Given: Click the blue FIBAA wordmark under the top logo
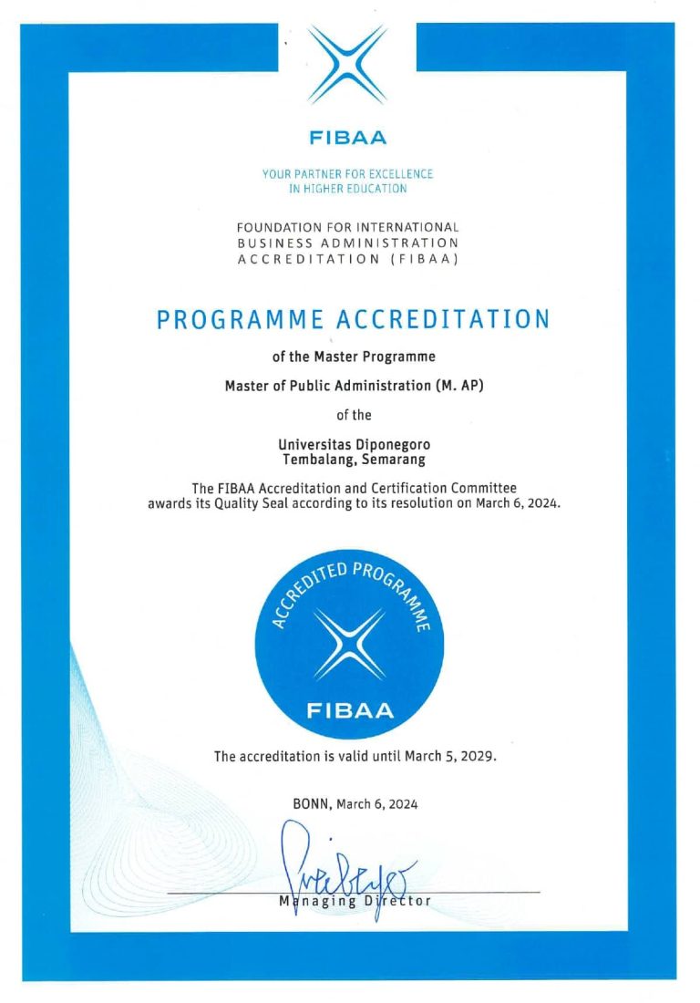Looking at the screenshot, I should (x=347, y=139).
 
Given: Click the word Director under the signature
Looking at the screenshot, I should (x=398, y=902).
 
